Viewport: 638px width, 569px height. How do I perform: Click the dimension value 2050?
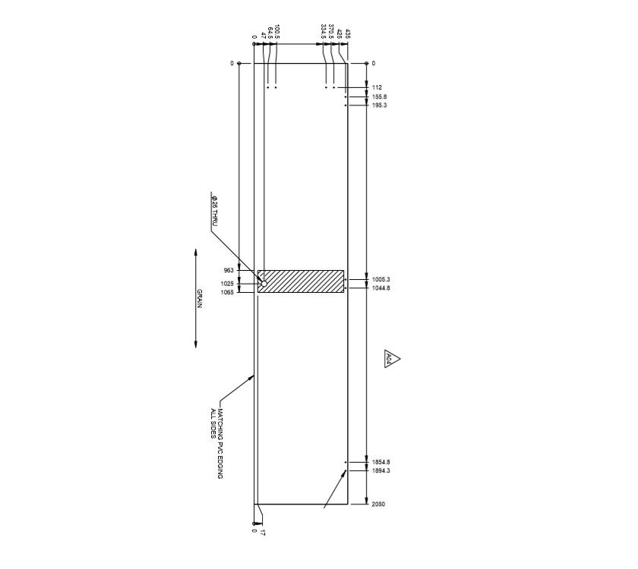pos(378,504)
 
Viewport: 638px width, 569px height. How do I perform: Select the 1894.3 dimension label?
pos(381,471)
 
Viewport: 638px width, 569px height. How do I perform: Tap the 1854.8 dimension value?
pos(381,462)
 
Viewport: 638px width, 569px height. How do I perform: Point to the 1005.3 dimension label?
pos(381,279)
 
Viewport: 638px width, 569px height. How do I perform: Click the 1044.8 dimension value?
pos(381,288)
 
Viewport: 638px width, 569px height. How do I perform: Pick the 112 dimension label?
pos(377,88)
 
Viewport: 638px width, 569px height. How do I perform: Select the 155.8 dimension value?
pos(380,97)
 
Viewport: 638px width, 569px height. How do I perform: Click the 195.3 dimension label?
pos(380,105)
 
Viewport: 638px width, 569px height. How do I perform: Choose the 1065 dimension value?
pos(228,292)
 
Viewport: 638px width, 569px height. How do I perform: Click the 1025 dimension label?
pos(228,284)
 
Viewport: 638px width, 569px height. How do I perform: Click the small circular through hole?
pos(264,284)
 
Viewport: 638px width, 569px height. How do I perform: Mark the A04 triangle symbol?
pos(390,360)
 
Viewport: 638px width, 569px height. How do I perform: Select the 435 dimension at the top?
pos(348,34)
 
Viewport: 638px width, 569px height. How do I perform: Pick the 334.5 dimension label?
pos(324,32)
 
